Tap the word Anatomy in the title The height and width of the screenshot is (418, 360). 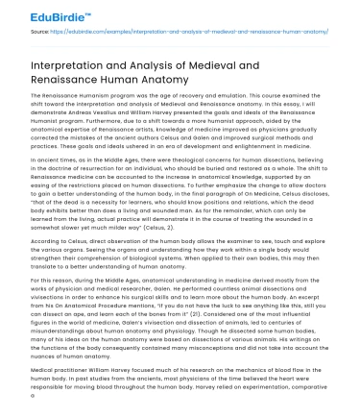198,83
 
